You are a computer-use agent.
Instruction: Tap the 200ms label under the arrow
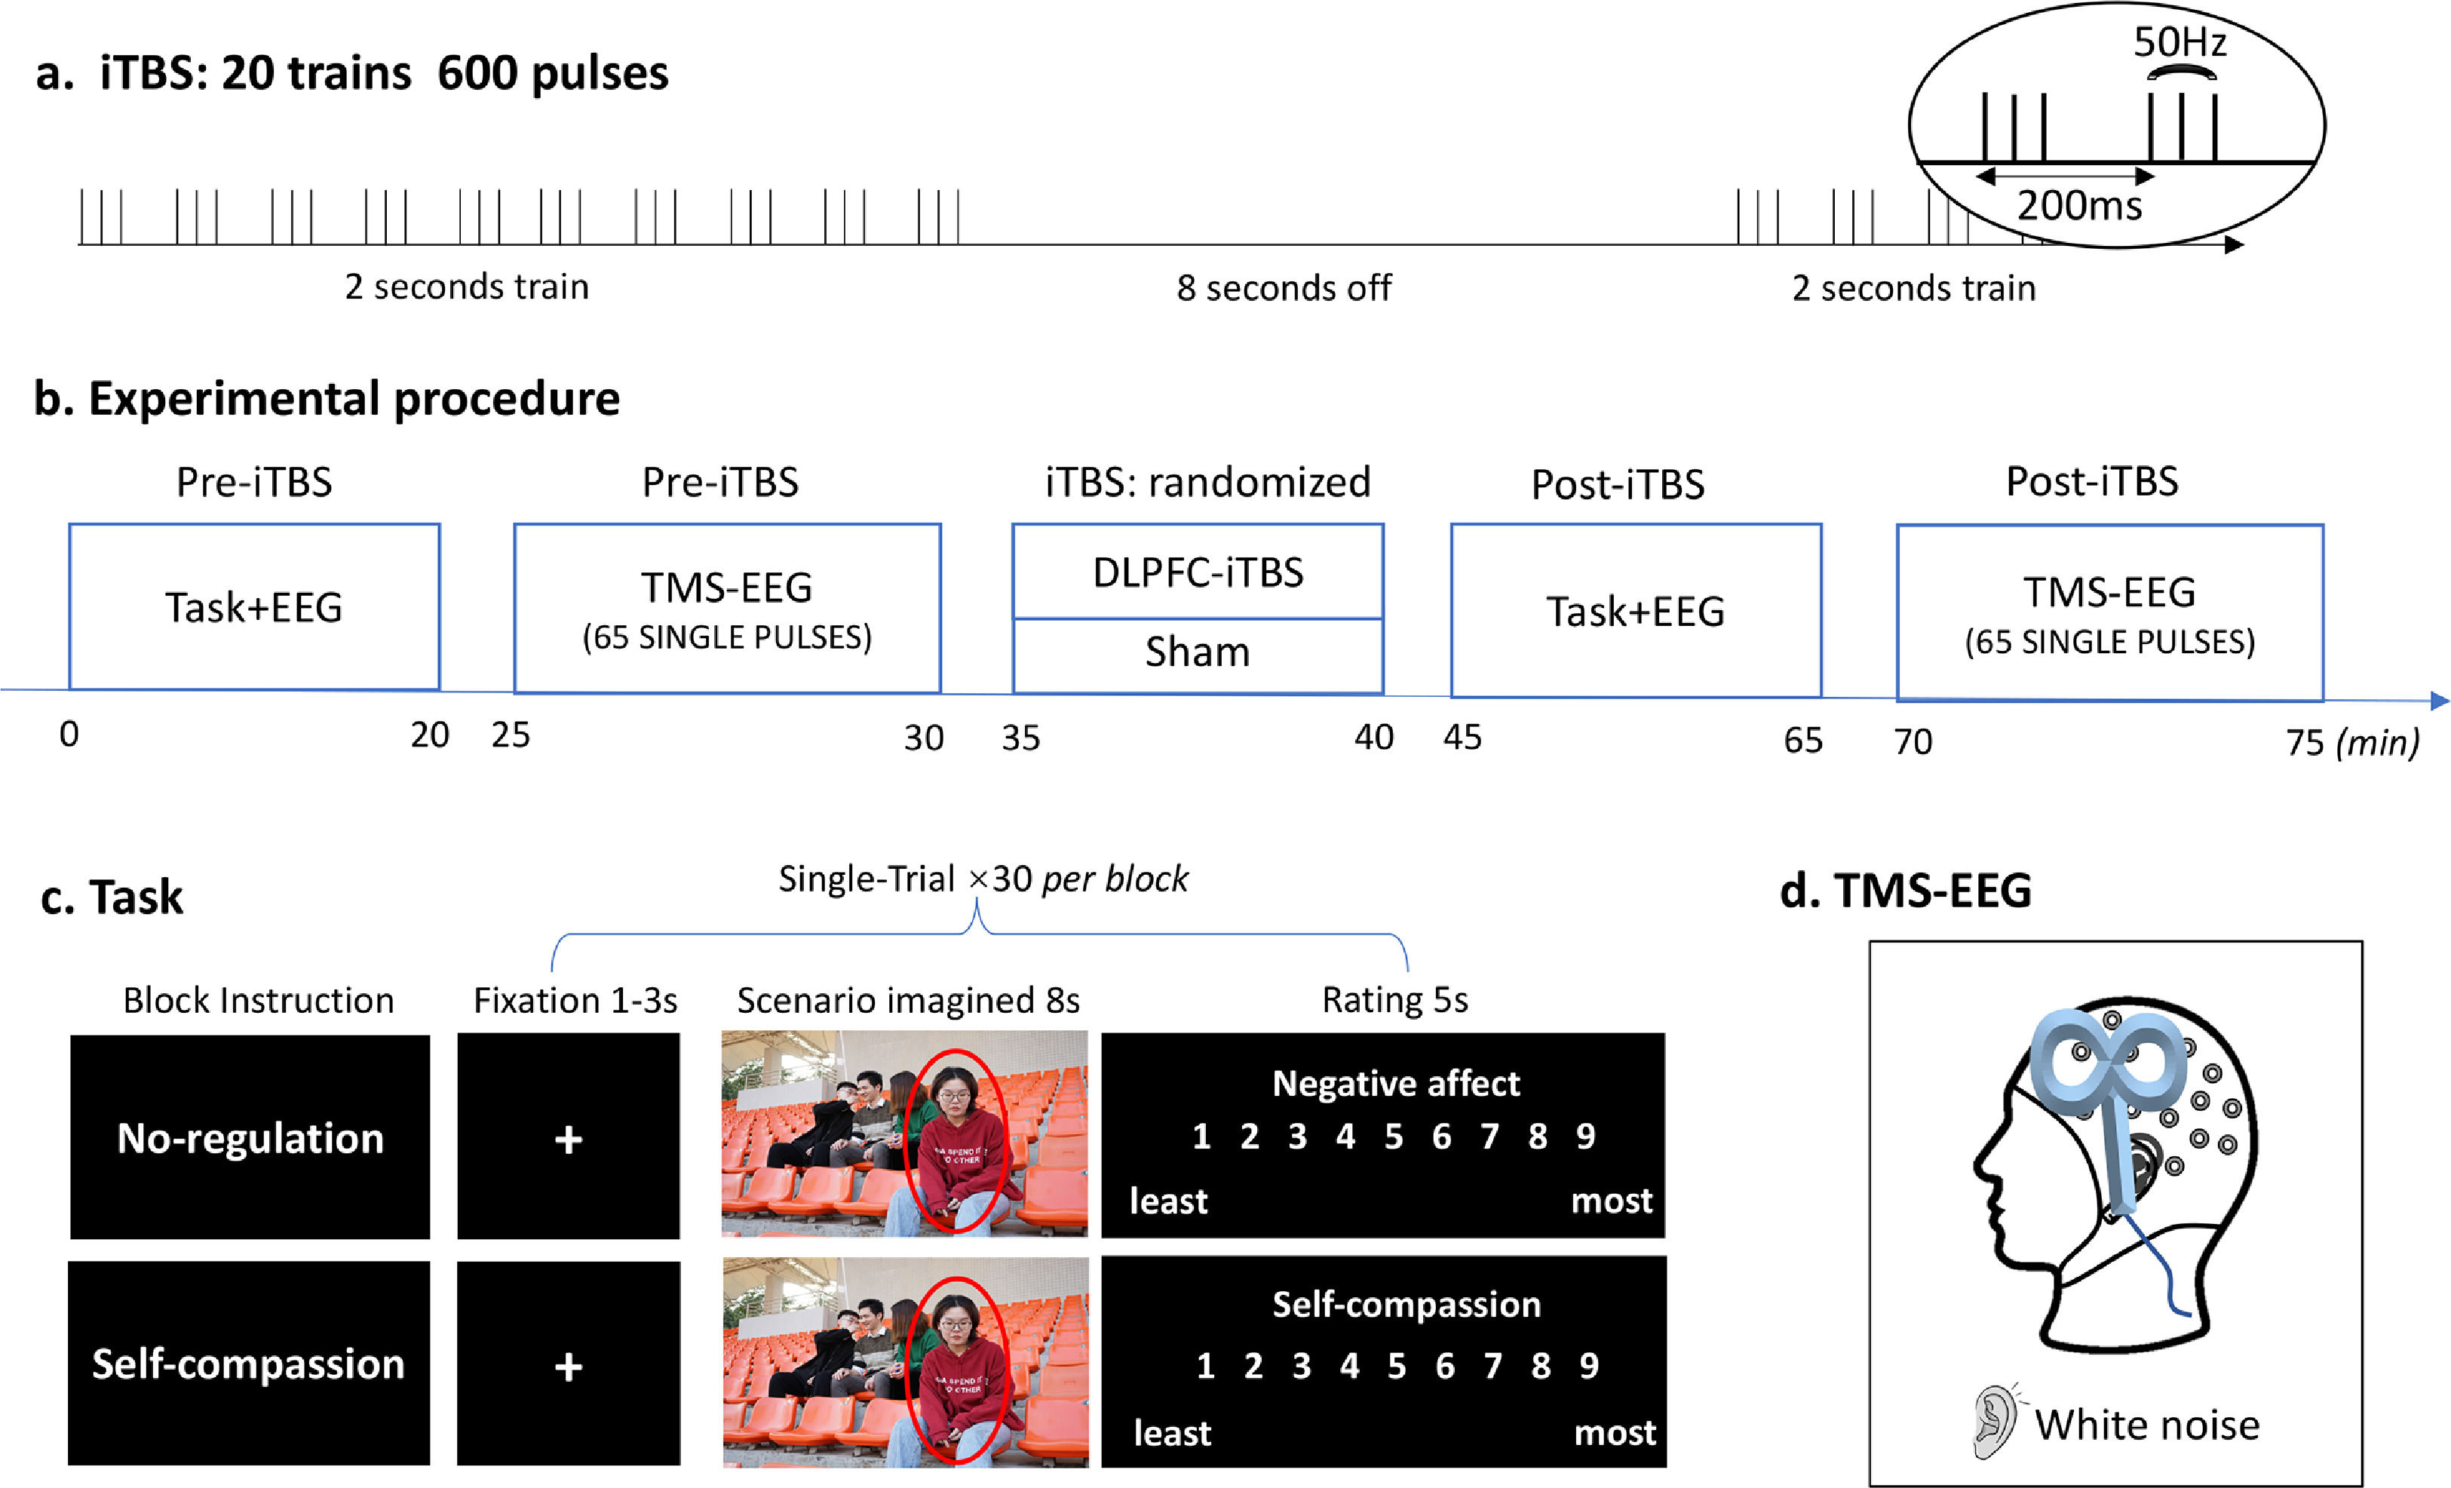(x=2079, y=206)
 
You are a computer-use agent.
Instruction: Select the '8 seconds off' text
(x=1284, y=288)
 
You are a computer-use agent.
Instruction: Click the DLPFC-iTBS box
(x=1198, y=572)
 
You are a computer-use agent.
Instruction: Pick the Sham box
(x=1198, y=653)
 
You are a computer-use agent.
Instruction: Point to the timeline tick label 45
(x=1462, y=737)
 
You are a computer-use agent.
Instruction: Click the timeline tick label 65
(x=1802, y=740)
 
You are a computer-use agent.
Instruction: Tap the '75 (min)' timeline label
(x=2351, y=742)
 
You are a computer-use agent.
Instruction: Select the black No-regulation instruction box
(x=250, y=1137)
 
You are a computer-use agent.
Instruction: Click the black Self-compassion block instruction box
(x=249, y=1364)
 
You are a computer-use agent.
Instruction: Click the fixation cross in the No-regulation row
(x=568, y=1139)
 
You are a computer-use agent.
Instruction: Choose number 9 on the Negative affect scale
(x=1585, y=1136)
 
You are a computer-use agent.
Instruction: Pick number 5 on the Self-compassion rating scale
(x=1397, y=1366)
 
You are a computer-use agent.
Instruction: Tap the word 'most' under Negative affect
(x=1612, y=1201)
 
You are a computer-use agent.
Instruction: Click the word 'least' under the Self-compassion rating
(x=1172, y=1433)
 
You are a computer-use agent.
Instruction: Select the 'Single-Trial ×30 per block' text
(x=982, y=879)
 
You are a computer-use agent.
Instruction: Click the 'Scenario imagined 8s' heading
(x=907, y=999)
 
